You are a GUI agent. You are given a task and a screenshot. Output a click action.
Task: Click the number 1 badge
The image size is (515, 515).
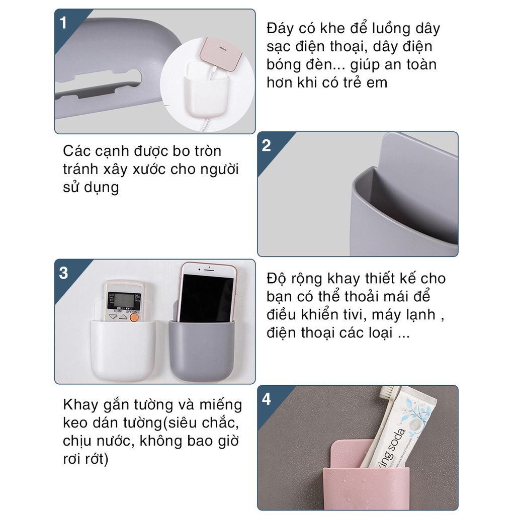coord(63,23)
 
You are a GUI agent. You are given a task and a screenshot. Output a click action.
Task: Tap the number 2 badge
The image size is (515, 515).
coord(267,146)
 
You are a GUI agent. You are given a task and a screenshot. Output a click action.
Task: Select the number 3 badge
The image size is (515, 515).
coord(63,273)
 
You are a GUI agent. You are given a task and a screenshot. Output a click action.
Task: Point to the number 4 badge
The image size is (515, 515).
coord(267,399)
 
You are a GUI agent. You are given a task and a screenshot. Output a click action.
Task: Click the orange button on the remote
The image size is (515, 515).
coord(134,317)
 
